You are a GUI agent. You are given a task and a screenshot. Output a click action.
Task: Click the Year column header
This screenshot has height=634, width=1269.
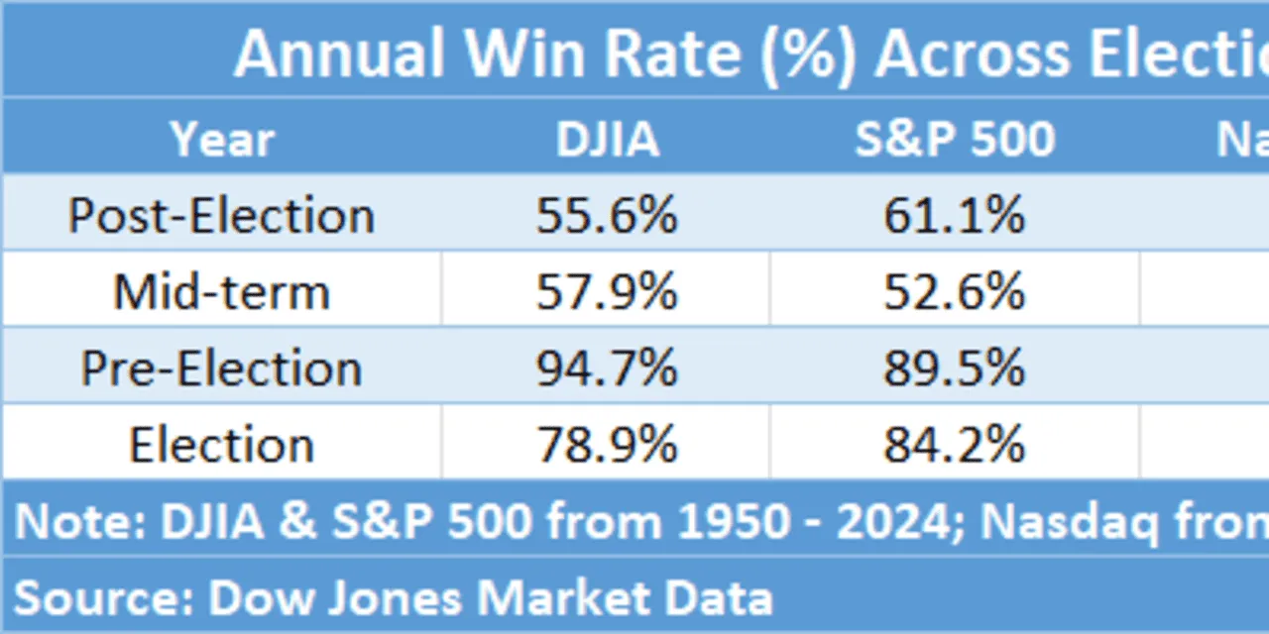(x=221, y=140)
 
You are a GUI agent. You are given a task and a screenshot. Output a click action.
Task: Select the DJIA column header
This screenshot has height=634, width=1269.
(x=607, y=140)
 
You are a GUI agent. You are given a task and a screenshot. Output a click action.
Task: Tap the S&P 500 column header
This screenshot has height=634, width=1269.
(x=955, y=140)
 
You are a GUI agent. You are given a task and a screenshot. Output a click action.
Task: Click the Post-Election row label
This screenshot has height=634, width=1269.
(x=221, y=215)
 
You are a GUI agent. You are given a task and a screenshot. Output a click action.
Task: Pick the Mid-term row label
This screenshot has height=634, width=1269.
(x=221, y=291)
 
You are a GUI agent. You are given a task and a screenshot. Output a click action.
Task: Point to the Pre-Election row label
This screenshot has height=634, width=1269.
(x=221, y=369)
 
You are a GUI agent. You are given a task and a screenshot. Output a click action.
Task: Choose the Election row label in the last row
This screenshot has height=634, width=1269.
(x=221, y=445)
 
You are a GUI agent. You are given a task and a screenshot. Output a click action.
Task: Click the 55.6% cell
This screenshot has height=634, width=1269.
(x=607, y=215)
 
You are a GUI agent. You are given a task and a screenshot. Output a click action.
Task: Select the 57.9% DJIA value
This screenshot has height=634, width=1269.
(x=607, y=291)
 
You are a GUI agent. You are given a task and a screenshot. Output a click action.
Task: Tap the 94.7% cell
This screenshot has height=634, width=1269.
(x=607, y=369)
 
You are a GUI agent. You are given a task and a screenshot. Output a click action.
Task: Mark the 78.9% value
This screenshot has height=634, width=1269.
(x=607, y=445)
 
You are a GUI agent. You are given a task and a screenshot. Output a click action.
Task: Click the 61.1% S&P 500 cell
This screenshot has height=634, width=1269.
(x=954, y=215)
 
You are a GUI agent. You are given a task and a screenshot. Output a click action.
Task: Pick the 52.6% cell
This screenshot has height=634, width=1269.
(x=954, y=291)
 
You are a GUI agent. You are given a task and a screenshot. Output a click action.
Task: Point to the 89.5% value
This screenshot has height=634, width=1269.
(x=954, y=369)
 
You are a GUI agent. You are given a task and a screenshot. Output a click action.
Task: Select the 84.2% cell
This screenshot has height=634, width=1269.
(x=954, y=445)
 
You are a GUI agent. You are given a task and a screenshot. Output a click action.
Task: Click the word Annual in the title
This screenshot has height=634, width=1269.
(x=338, y=53)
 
